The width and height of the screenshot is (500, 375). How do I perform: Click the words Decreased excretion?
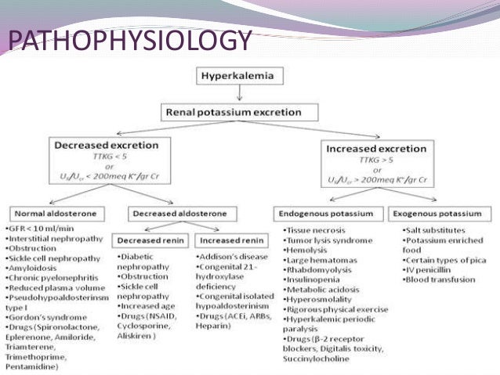[107, 145]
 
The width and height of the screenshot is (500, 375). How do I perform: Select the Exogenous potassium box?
[437, 213]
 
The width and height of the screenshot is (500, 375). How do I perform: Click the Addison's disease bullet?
[230, 256]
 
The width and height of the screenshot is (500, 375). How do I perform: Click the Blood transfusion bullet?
[438, 278]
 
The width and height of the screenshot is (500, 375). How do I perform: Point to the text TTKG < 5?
[106, 156]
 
